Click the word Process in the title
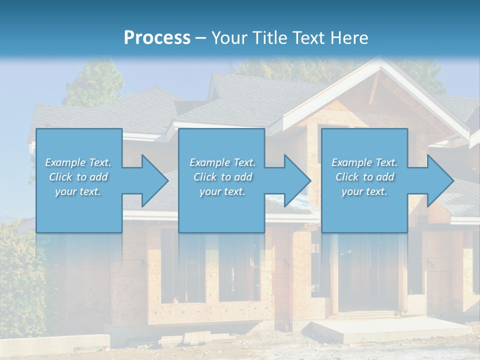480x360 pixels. [x=157, y=37]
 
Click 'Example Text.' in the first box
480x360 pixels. [x=78, y=162]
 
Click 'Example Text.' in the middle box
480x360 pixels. [x=222, y=162]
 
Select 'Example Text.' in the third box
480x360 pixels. [x=364, y=162]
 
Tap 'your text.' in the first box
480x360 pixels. [x=78, y=191]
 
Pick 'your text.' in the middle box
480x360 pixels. [x=222, y=191]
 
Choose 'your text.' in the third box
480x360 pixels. [x=364, y=191]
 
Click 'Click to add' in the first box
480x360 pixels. [x=78, y=177]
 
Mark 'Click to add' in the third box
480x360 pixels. [x=364, y=177]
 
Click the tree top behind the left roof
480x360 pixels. [x=95, y=80]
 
